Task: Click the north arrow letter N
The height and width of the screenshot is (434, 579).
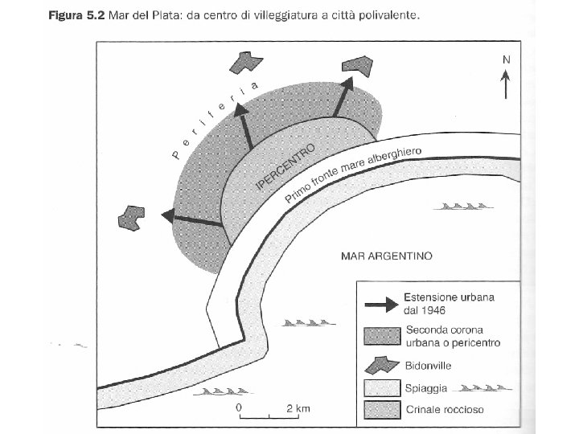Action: (x=506, y=59)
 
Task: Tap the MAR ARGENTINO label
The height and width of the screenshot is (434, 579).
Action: (x=388, y=256)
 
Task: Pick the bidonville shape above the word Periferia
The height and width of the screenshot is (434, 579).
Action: (x=247, y=63)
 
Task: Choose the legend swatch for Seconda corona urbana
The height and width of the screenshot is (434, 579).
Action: (x=381, y=334)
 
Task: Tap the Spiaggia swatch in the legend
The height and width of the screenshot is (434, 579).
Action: (x=381, y=390)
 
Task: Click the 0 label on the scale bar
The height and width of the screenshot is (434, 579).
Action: (x=240, y=407)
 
